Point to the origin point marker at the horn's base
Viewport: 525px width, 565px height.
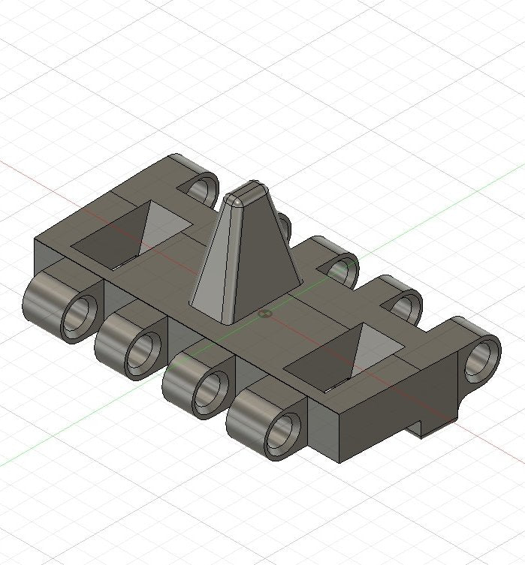[x=264, y=314]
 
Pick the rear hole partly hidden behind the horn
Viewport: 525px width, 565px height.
[x=284, y=224]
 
